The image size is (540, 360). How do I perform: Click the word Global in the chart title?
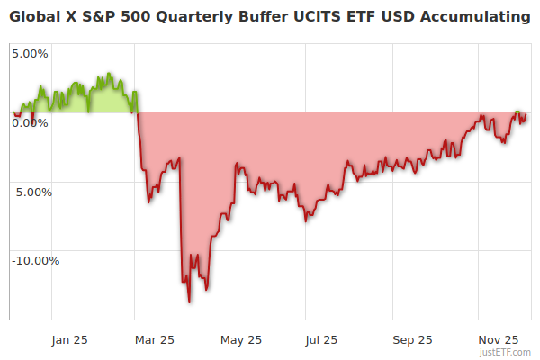(35, 17)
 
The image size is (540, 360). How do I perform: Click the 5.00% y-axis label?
(30, 53)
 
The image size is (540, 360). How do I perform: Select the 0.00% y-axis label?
(30, 122)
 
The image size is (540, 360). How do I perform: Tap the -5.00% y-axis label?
(30, 192)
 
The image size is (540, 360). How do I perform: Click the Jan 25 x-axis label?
(69, 339)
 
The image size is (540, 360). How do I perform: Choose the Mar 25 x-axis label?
(154, 339)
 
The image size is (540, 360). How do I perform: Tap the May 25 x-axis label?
(240, 339)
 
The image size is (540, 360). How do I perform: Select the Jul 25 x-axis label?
(321, 339)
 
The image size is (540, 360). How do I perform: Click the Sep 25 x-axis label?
(412, 339)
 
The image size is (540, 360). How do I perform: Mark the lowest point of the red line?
(189, 301)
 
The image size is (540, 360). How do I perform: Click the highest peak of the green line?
(108, 74)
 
